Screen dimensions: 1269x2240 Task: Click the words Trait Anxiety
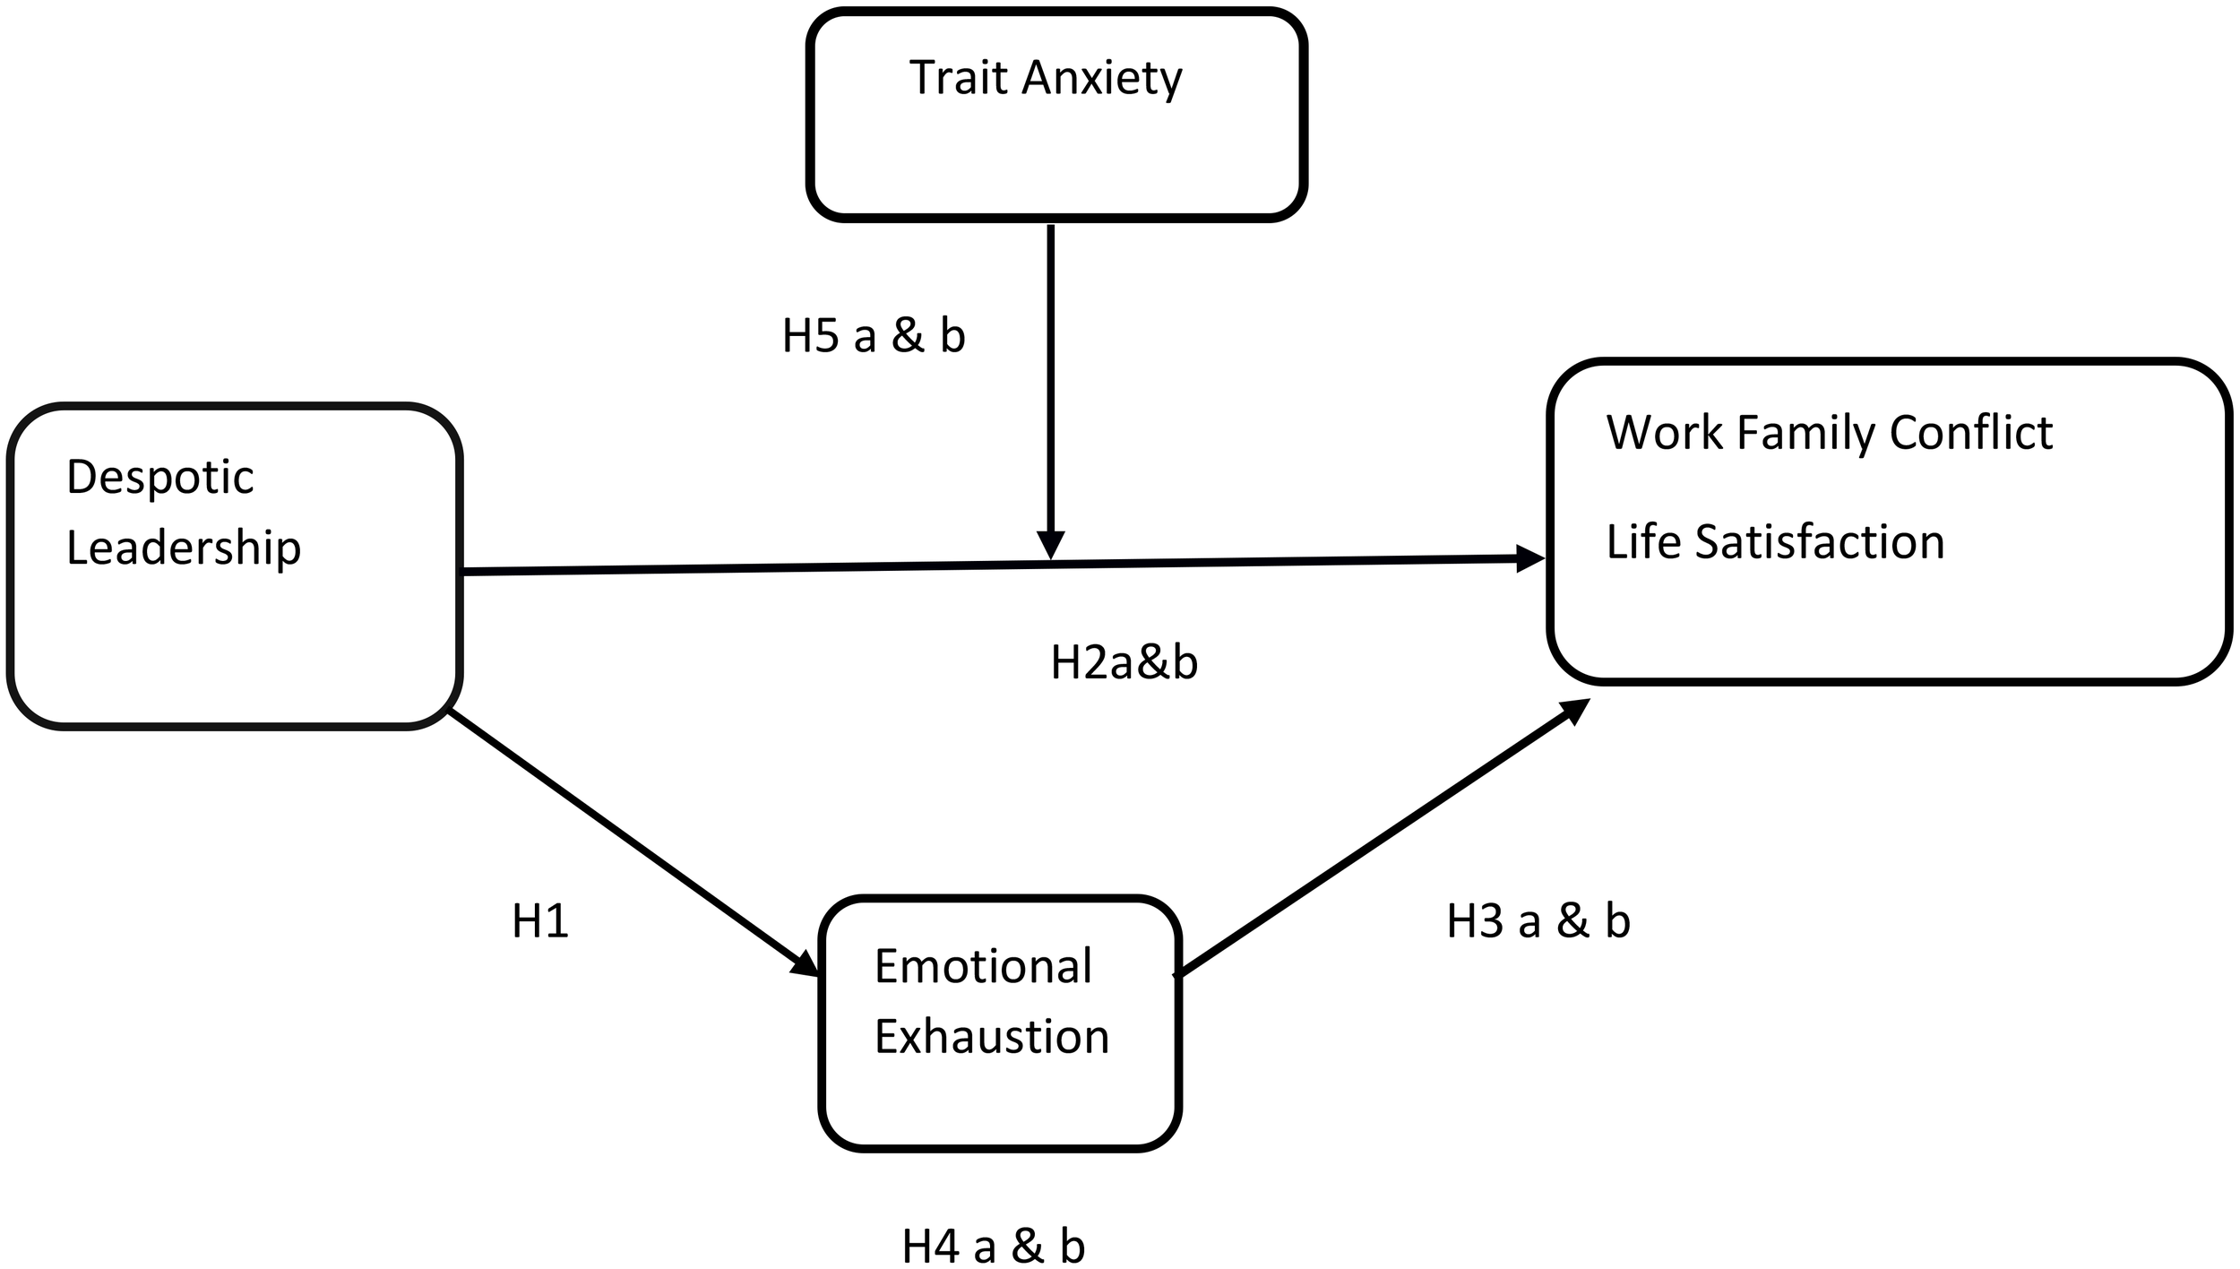(x=1045, y=79)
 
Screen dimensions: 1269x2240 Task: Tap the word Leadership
(x=184, y=548)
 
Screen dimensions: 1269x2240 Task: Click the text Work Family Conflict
(x=1829, y=434)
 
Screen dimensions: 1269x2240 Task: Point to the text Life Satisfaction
(x=1775, y=543)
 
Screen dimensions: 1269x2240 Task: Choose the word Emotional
(x=983, y=967)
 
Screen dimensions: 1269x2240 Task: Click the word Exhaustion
(x=992, y=1037)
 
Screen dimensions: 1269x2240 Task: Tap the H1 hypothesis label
(x=540, y=922)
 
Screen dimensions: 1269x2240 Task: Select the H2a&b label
(x=1124, y=664)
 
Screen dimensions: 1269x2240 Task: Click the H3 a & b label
(x=1538, y=922)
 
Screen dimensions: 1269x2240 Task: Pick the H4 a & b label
(x=993, y=1247)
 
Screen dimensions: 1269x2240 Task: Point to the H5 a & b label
(x=874, y=337)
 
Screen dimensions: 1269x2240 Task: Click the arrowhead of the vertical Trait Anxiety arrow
(x=1050, y=546)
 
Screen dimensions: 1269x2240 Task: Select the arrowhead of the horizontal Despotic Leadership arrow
(x=1529, y=559)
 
